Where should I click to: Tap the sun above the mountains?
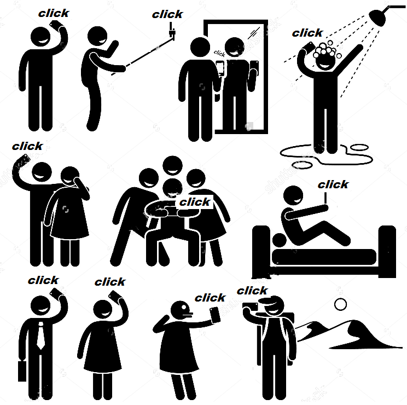tap(341, 304)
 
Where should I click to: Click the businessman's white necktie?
tap(40, 335)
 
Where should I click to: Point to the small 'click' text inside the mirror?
tap(219, 54)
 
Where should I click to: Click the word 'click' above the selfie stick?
tap(167, 15)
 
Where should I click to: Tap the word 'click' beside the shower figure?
tap(307, 33)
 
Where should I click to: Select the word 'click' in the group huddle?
tap(195, 202)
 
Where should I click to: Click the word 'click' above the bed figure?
tap(333, 184)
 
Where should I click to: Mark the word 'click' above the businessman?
tap(43, 280)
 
